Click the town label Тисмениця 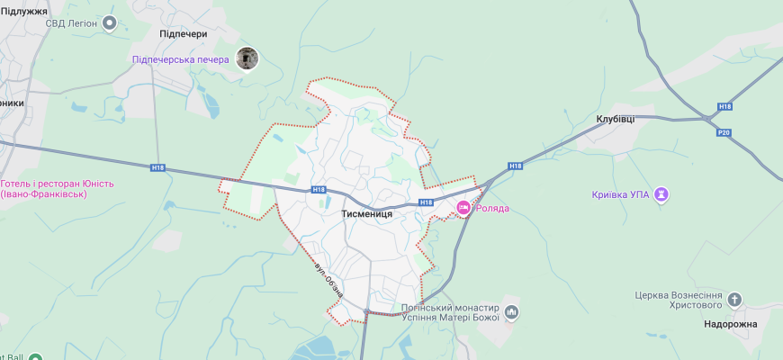click(x=366, y=215)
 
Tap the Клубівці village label click(x=615, y=119)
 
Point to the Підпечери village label click(x=183, y=34)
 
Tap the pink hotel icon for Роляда click(x=464, y=208)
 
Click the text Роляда click(x=492, y=209)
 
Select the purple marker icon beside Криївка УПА click(x=662, y=194)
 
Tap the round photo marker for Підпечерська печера click(x=247, y=59)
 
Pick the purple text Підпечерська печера click(x=180, y=59)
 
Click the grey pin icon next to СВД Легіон click(x=111, y=22)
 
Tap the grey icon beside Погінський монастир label click(x=512, y=312)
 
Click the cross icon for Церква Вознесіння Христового click(x=735, y=301)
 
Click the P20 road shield click(x=723, y=132)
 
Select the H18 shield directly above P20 click(x=724, y=106)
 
